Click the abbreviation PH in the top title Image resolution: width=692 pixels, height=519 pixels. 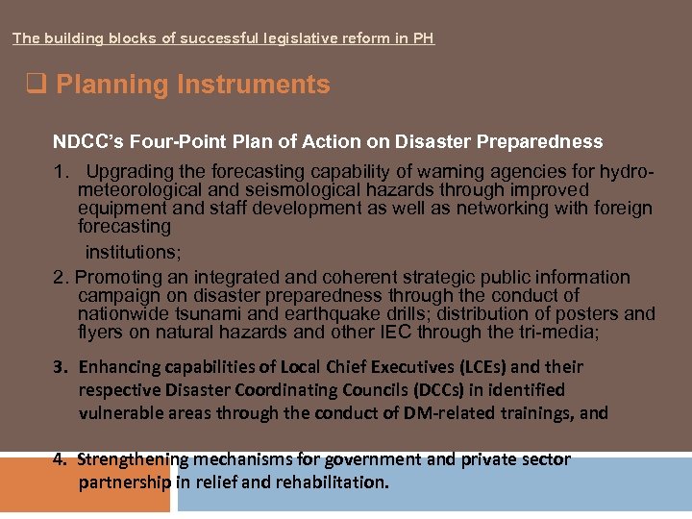[x=424, y=38]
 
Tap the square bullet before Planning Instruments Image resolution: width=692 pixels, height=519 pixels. [x=36, y=85]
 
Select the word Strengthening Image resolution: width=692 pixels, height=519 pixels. [x=135, y=459]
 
